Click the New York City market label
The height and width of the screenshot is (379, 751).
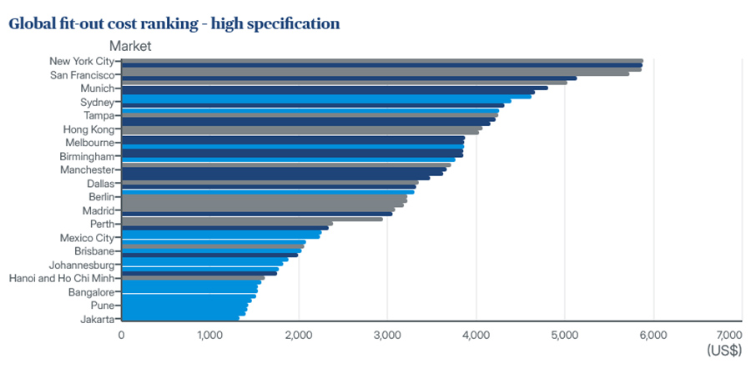point(82,61)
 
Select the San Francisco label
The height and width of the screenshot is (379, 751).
point(83,75)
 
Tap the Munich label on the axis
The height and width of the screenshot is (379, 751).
point(98,88)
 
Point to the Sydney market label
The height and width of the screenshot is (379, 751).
point(98,103)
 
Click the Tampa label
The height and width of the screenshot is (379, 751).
point(99,116)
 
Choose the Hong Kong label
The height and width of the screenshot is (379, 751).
point(89,130)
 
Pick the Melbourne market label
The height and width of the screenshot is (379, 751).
point(90,143)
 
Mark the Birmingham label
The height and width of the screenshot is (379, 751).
point(87,157)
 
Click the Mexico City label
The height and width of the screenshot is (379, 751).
point(87,238)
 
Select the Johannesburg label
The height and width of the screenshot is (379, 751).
point(82,265)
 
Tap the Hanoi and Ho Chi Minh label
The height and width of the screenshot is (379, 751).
point(62,278)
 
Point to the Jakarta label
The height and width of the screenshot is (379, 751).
point(98,319)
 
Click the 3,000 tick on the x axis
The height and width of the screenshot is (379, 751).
point(387,335)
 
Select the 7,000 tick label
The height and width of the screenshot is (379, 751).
point(729,335)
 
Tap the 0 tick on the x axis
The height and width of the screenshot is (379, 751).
point(121,335)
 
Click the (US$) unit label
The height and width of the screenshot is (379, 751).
point(724,351)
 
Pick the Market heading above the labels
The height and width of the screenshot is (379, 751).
point(130,46)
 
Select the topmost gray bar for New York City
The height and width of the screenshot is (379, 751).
point(382,61)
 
